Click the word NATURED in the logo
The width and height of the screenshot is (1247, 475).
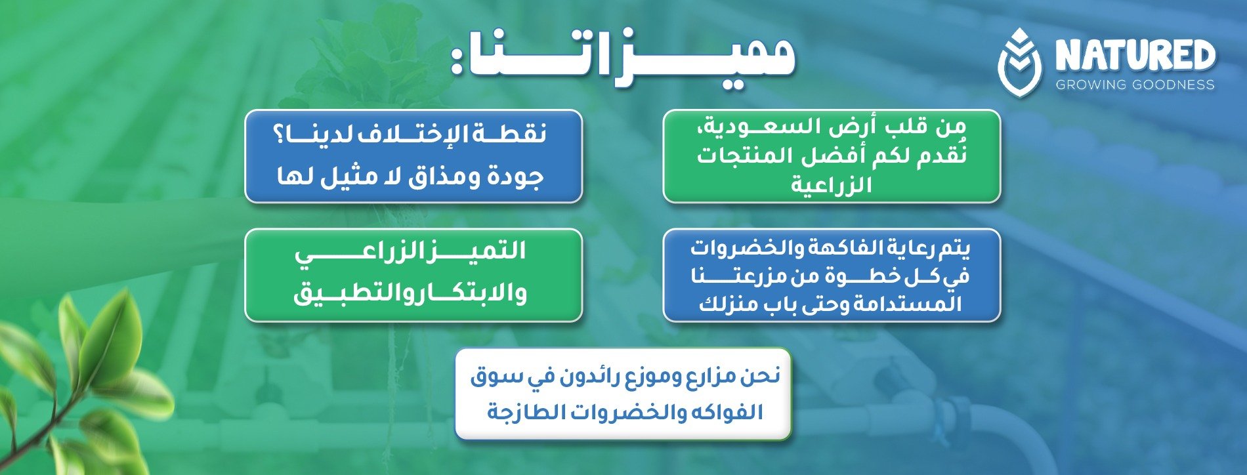[1135, 55]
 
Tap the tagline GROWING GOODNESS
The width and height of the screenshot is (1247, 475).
[1135, 85]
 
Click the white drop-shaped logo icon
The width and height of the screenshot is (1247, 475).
[1019, 62]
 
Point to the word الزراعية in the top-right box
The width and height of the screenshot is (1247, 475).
[831, 184]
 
